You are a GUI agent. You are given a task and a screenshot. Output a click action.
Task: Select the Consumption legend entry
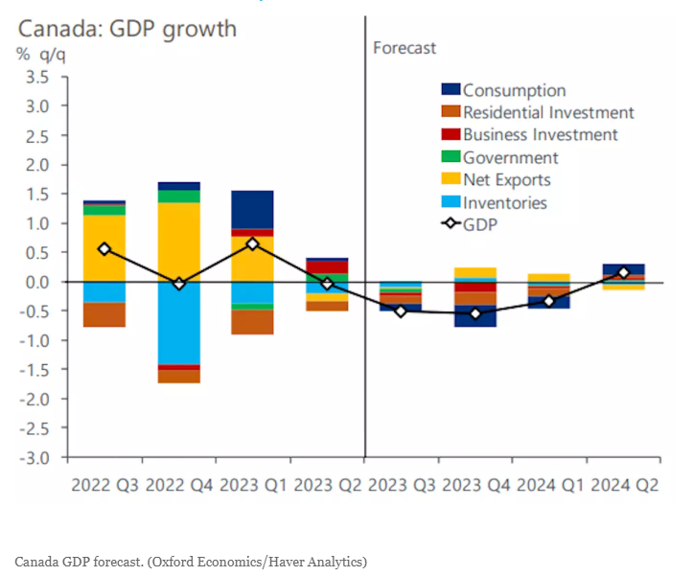point(514,91)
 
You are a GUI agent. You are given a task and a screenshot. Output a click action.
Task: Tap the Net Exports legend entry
point(507,180)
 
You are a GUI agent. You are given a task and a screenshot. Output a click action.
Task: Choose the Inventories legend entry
point(504,203)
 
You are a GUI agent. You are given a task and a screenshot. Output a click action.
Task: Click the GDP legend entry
point(483,225)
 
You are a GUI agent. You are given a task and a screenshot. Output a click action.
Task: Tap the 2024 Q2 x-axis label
point(624,485)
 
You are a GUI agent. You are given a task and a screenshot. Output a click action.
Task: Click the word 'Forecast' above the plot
point(404,48)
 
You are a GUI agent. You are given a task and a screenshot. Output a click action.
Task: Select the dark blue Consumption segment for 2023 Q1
point(252,210)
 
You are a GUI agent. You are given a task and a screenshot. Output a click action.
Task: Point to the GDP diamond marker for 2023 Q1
point(252,243)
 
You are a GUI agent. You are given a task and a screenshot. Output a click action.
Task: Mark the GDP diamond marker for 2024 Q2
point(624,273)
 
